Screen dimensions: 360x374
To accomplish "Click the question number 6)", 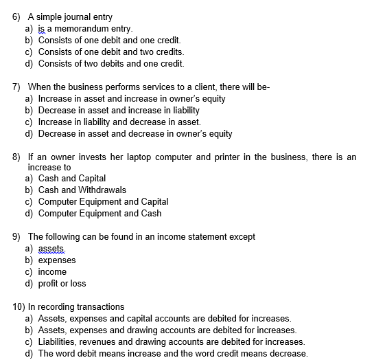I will click(18, 17).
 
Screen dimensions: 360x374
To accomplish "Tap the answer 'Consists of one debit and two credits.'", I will click(111, 52).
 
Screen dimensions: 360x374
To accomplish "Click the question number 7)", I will click(18, 87).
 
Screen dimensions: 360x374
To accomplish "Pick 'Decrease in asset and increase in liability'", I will click(119, 111).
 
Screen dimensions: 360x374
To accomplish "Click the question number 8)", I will click(18, 157).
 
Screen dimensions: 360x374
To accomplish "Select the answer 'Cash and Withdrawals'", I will click(82, 190).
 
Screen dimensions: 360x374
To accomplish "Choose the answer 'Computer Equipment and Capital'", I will click(103, 201).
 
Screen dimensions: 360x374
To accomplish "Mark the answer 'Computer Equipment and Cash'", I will click(100, 213).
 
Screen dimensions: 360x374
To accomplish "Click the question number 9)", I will click(18, 237).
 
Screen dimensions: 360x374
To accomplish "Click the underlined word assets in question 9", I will click(51, 248).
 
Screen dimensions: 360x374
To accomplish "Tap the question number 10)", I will click(19, 307).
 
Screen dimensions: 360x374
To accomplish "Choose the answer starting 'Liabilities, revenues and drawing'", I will click(172, 341).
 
